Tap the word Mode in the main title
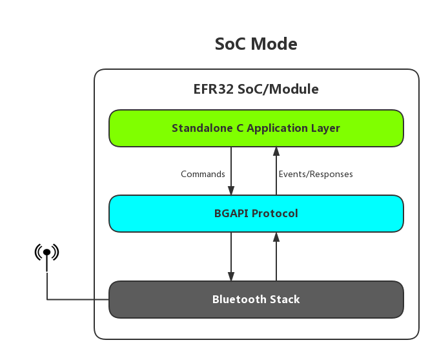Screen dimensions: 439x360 click(274, 44)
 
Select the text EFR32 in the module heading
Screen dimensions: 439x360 click(214, 89)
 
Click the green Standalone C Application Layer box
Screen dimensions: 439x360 click(256, 128)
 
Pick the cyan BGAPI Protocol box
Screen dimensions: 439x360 click(256, 214)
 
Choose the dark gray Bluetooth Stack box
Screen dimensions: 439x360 click(256, 299)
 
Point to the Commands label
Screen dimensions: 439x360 click(203, 174)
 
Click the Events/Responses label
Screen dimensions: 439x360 click(316, 174)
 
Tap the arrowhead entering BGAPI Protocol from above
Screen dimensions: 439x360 click(231, 191)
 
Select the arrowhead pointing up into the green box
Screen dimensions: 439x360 click(276, 151)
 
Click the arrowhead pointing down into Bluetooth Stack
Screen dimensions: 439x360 click(231, 277)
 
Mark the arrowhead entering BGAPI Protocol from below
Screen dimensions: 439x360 click(276, 237)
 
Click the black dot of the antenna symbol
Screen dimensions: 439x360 click(46, 252)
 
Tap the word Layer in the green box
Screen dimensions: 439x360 click(325, 129)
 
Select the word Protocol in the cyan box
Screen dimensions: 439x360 click(274, 214)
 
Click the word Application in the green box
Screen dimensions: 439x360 click(277, 129)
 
